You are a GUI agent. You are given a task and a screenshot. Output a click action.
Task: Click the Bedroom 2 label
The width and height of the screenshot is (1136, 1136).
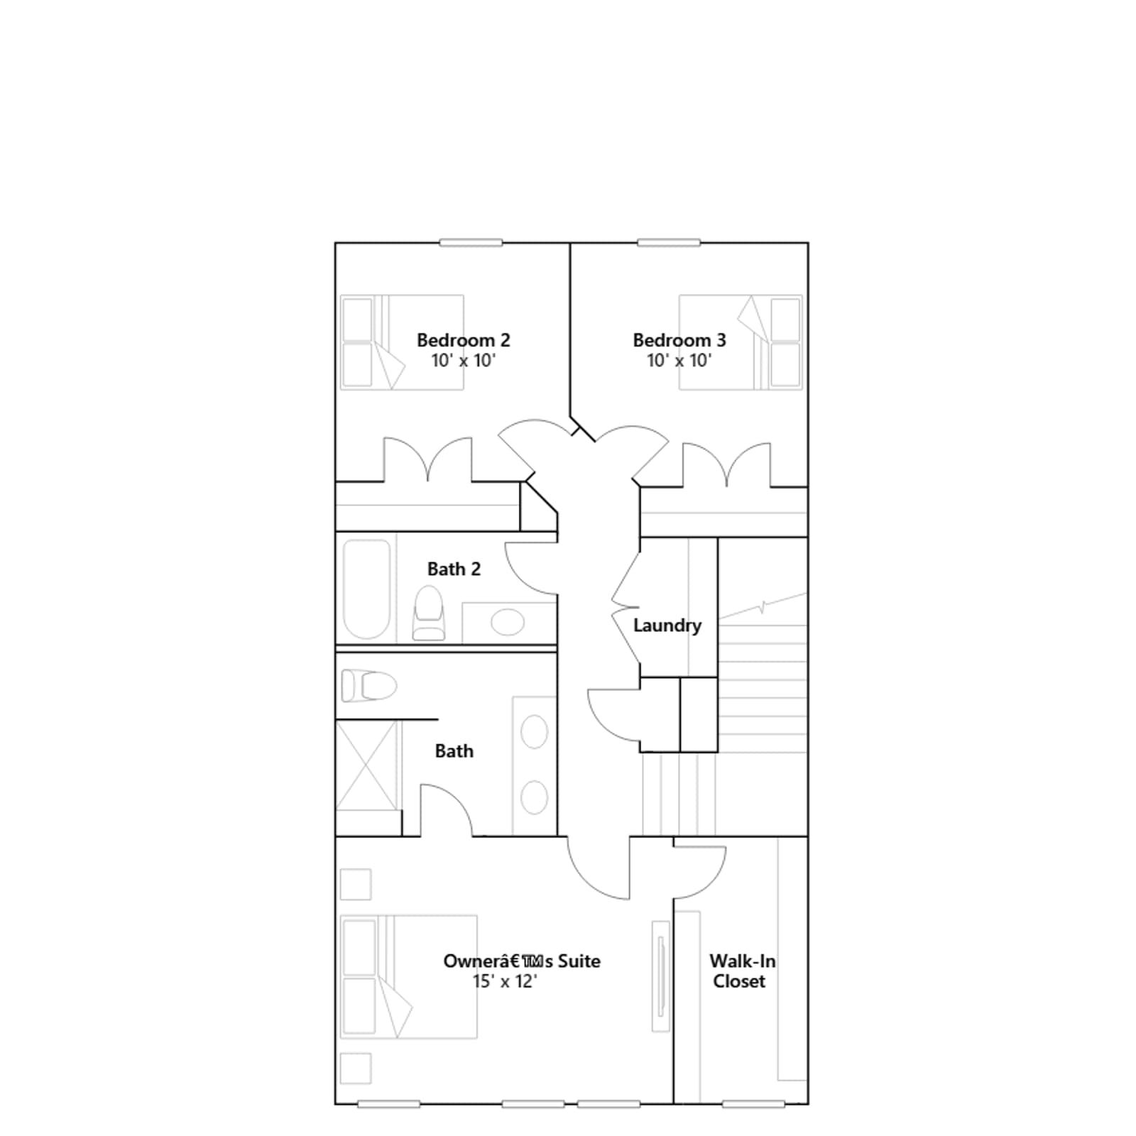pos(463,340)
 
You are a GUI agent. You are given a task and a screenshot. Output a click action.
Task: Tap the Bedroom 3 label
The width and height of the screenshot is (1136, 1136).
pos(679,340)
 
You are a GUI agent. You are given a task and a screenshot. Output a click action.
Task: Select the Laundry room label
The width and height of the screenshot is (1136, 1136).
pos(667,626)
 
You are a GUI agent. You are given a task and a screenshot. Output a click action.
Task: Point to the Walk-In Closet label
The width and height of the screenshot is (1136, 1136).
pos(742,971)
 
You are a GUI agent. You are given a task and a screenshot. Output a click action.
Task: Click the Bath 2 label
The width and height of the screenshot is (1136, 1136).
pos(454,569)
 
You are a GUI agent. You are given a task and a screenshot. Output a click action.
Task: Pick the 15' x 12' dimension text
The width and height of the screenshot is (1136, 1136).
pos(505,981)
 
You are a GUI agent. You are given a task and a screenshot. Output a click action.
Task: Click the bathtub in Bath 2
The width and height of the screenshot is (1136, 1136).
pos(366,589)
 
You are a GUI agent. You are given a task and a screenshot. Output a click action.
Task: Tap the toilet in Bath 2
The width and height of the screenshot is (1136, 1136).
pos(428,613)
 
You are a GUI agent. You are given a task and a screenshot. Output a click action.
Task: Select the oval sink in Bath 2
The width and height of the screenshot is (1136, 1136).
pos(507,622)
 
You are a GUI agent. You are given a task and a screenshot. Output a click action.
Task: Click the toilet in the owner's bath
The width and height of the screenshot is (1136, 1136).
pos(368,686)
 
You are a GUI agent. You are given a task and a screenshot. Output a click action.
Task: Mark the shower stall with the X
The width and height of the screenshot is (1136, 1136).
pos(366,765)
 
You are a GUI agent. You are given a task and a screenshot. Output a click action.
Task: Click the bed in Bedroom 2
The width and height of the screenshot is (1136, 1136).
pos(402,342)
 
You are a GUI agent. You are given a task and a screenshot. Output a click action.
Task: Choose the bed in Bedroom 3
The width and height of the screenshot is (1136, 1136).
pos(741,342)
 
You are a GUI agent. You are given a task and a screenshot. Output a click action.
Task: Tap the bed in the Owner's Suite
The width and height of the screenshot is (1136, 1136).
pos(408,977)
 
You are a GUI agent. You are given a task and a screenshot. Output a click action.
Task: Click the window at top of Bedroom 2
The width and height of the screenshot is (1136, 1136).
pos(471,243)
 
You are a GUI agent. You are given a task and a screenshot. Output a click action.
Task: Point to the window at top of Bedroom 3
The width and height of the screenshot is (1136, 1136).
pos(669,243)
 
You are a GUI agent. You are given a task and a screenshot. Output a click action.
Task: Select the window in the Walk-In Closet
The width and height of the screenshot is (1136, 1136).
pos(753,1104)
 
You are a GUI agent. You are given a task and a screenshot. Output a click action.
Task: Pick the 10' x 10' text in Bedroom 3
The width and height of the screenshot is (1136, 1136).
pos(679,360)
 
